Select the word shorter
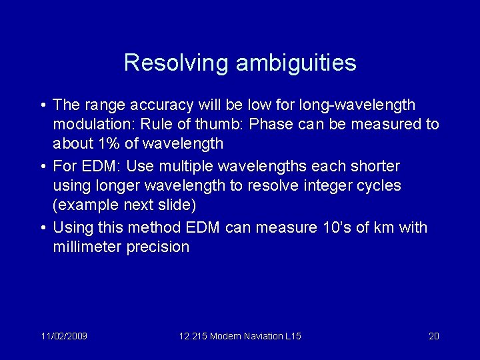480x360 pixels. pos(375,166)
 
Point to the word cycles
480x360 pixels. pos(379,185)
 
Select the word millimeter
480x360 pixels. pos(86,247)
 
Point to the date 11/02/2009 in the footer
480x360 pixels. pos(64,336)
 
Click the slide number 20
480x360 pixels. pos(433,336)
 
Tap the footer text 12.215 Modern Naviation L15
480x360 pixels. pos(240,336)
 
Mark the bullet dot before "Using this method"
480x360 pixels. pos(42,228)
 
